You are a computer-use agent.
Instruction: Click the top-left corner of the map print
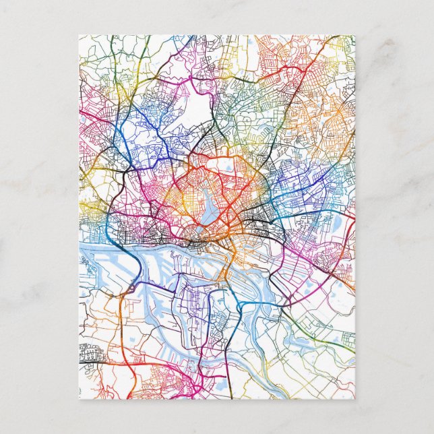coord(79,35)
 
